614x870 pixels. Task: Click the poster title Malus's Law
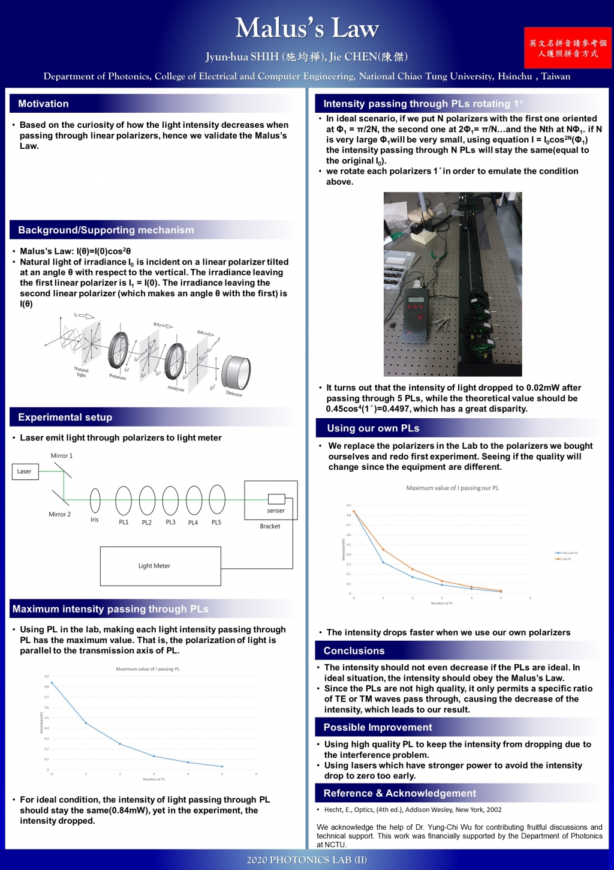coord(307,28)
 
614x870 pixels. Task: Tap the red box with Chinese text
coord(567,48)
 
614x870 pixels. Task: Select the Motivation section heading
coord(43,104)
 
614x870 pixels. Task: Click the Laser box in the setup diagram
coord(25,472)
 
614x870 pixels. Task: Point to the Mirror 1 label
coord(61,456)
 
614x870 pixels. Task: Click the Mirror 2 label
coord(59,514)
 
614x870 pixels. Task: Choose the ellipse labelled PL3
coord(170,500)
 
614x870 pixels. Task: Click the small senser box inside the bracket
coord(276,499)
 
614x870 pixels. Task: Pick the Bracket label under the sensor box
coord(270,526)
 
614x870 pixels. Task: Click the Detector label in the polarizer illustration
coord(234,394)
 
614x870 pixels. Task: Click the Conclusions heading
coord(354,651)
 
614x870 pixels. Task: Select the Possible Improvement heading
coord(378,727)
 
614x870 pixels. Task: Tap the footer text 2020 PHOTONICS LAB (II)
coord(307,860)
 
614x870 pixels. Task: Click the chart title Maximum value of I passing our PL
coord(452,488)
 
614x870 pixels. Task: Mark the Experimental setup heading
coord(65,418)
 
